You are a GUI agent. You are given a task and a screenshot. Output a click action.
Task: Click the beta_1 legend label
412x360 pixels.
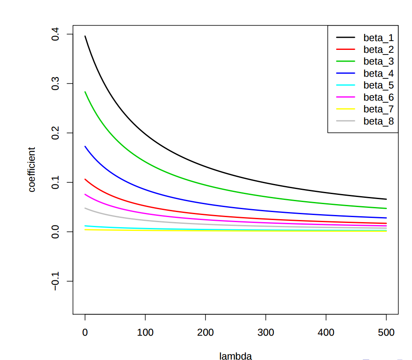tap(378, 38)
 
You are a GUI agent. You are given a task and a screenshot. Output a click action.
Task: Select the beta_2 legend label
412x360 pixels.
tap(378, 49)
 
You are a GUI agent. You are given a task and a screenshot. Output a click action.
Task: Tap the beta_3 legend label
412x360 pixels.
tap(378, 62)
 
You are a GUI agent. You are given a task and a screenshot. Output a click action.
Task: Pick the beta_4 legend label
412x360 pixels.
tap(378, 73)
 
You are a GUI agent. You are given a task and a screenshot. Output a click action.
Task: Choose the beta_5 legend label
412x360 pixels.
tap(378, 85)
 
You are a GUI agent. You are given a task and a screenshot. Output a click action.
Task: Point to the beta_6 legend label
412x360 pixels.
tap(378, 97)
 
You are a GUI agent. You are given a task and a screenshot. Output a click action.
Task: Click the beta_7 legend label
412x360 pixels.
tap(378, 109)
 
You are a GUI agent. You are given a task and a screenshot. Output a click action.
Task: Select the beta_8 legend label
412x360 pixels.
tap(378, 121)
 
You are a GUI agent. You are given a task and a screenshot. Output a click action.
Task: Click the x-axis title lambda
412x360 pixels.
tap(236, 356)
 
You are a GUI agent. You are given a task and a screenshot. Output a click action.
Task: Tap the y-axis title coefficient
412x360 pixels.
tap(32, 169)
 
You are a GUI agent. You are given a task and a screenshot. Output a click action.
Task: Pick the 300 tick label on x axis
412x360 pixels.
tap(266, 333)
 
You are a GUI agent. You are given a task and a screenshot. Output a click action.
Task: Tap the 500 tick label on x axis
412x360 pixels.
tap(386, 333)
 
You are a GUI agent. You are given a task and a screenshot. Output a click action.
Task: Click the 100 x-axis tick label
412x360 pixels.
tap(145, 333)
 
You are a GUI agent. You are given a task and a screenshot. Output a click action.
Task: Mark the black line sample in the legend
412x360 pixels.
tap(346, 38)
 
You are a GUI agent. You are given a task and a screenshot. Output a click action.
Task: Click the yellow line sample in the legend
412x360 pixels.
tap(346, 109)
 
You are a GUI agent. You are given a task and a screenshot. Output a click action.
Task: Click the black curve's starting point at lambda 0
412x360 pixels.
tap(85, 36)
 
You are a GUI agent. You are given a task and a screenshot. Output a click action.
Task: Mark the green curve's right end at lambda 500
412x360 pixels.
tap(386, 208)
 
